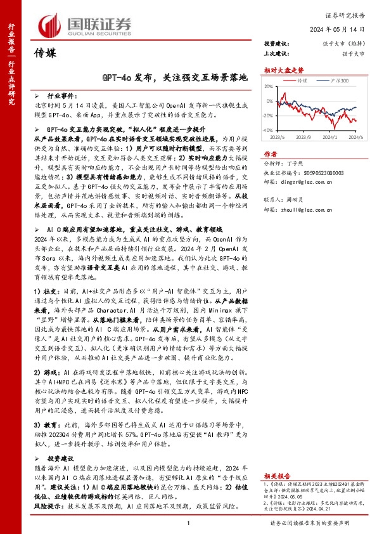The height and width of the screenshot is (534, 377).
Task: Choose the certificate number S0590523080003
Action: pyautogui.click(x=320, y=172)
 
